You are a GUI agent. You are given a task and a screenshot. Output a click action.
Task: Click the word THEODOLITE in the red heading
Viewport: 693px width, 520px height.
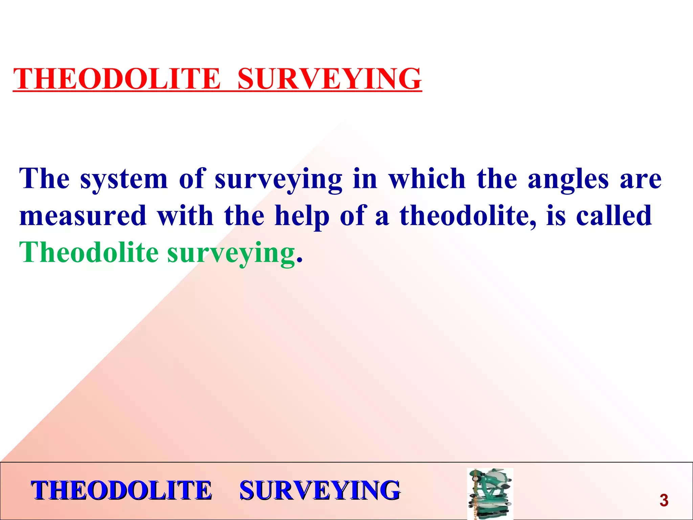(x=117, y=79)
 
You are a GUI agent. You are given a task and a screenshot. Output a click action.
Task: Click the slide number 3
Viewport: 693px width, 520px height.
(x=664, y=501)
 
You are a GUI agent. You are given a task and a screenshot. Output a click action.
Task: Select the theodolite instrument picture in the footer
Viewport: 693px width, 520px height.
(x=490, y=494)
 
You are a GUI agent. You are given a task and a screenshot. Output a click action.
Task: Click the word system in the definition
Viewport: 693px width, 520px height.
(x=124, y=179)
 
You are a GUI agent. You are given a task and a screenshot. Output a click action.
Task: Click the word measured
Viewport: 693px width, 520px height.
(x=83, y=216)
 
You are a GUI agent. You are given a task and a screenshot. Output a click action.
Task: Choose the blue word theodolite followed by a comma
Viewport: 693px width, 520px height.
(x=467, y=216)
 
